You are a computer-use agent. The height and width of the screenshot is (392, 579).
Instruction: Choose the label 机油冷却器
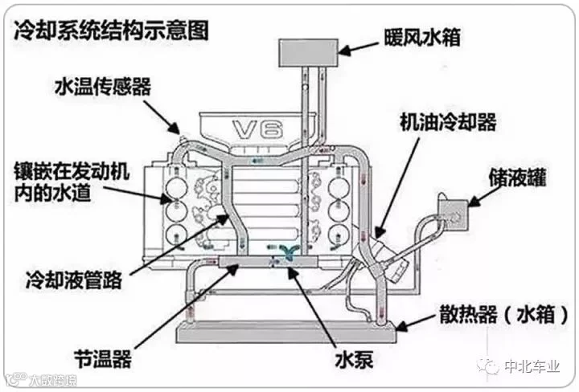point(449,121)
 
